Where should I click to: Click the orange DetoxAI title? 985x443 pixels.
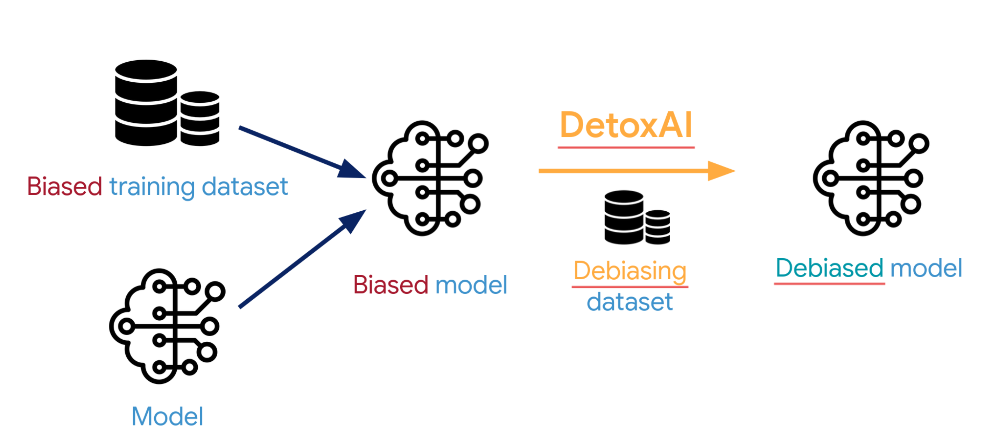tap(626, 125)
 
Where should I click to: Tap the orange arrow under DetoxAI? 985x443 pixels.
tap(636, 171)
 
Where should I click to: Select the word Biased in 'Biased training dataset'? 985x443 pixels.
tap(65, 186)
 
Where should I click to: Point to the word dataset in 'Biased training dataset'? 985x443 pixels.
tap(245, 186)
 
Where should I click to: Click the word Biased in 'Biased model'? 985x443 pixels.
tap(391, 285)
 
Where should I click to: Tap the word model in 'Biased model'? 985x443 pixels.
tap(471, 285)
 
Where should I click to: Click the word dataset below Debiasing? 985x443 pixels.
tap(630, 302)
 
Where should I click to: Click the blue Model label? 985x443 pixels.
tap(167, 416)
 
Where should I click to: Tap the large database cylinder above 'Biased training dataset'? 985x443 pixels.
tap(146, 103)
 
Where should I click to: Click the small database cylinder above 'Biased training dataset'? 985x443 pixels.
tap(200, 118)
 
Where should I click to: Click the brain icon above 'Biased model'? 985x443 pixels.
tap(430, 178)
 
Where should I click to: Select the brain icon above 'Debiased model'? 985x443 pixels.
tap(871, 178)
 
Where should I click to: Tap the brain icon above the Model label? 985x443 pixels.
tap(167, 326)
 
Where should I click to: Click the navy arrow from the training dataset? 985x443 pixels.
tap(302, 152)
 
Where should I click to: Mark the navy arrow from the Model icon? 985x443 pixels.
tap(302, 258)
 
